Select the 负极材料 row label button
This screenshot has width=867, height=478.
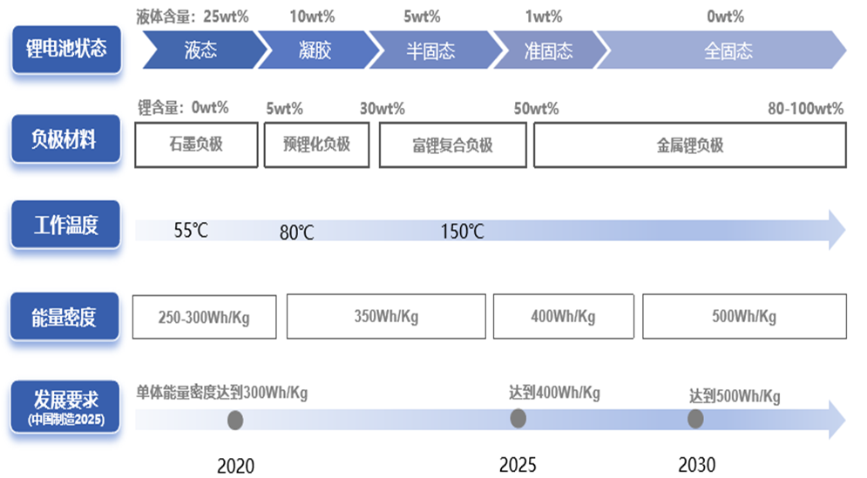tap(64, 139)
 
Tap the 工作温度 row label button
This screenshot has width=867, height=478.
tap(66, 225)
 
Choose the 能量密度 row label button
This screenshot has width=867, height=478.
tap(64, 316)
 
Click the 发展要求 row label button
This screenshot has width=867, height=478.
tap(66, 405)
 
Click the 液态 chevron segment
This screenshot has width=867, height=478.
tap(200, 50)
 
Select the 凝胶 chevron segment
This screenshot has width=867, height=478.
tap(315, 50)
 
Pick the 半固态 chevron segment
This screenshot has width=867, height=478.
tap(430, 50)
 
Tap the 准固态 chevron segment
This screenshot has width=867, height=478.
tap(547, 50)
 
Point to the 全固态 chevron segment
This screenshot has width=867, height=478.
tap(728, 50)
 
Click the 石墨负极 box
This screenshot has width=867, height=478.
tap(196, 145)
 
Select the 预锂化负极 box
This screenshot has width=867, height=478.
tap(316, 145)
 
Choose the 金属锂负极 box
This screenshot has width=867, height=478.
tap(689, 145)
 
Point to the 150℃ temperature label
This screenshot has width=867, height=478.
tap(462, 232)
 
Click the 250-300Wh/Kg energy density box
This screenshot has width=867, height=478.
tap(204, 317)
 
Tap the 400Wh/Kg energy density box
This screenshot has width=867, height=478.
tap(563, 317)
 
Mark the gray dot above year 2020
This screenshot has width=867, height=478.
tap(234, 421)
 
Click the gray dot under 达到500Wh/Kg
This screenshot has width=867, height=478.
tap(695, 419)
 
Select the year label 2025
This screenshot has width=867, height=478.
tap(518, 464)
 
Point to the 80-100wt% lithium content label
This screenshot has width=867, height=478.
tap(805, 109)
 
